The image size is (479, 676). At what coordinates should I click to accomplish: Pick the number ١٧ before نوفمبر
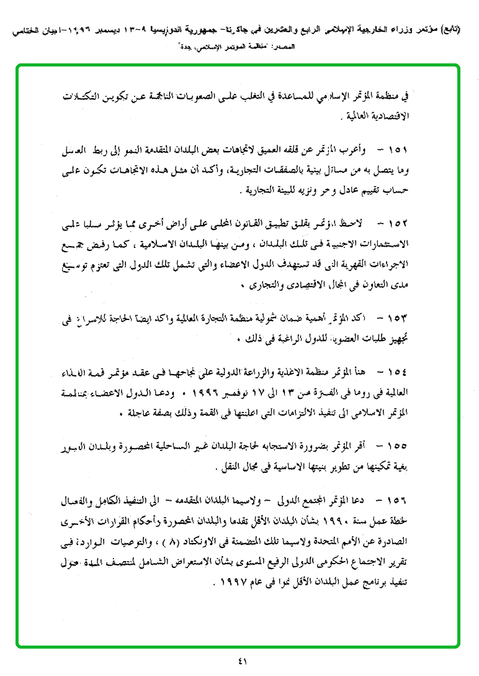[269, 392]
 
